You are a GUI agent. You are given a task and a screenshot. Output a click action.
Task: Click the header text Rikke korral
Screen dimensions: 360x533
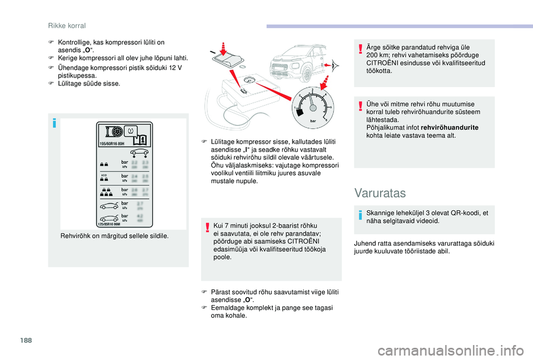[x=67, y=26]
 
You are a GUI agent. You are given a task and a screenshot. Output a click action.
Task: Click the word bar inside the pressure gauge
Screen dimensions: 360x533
[x=312, y=120]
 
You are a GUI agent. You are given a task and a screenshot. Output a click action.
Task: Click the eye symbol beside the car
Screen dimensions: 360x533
[x=335, y=65]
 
